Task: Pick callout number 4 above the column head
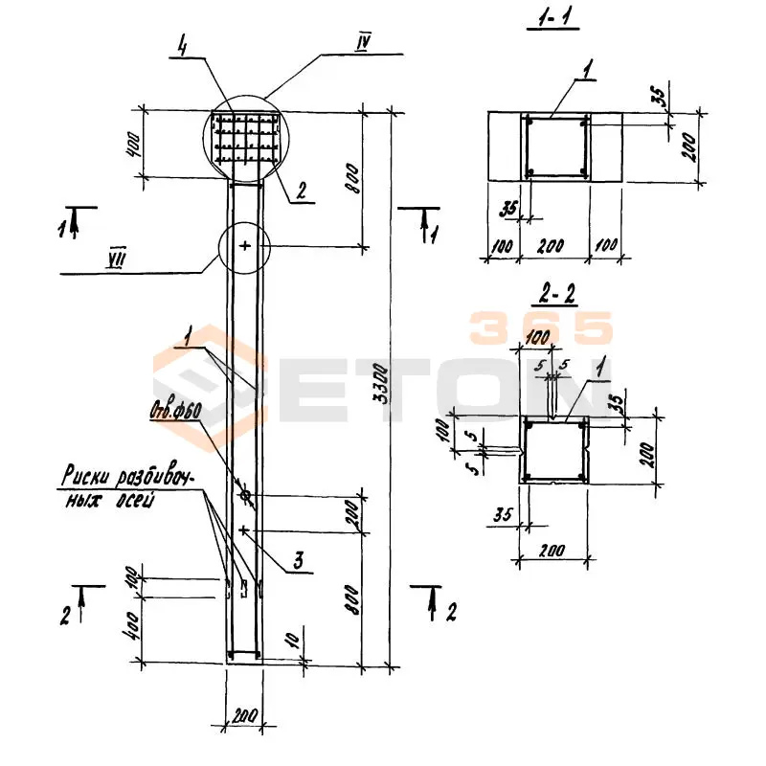pos(181,45)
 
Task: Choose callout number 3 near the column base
pos(300,563)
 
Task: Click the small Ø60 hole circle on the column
pos(246,496)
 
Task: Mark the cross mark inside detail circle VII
pos(245,246)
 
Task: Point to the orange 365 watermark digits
pos(541,328)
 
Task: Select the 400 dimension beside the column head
pos(133,145)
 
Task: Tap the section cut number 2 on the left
pos(65,616)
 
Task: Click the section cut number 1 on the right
pos(436,233)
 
